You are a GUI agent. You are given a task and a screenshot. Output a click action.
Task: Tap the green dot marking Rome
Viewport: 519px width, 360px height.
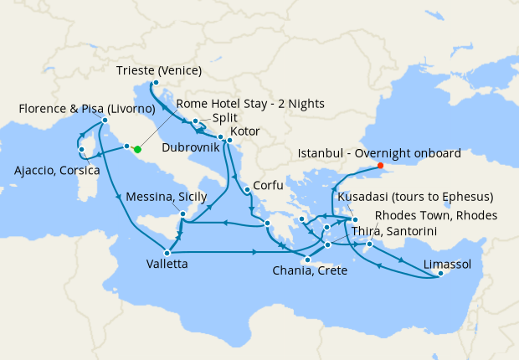[x=136, y=150]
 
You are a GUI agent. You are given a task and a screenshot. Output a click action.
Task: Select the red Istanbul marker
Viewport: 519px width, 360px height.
[x=380, y=165]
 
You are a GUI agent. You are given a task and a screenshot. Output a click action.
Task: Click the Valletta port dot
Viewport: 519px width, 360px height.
[x=168, y=252]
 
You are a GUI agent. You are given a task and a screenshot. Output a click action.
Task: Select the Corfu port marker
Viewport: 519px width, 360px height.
[x=247, y=191]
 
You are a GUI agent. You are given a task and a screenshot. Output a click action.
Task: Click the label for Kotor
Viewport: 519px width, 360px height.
[x=242, y=132]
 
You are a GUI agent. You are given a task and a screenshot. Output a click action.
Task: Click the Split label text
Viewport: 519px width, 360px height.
[x=224, y=118]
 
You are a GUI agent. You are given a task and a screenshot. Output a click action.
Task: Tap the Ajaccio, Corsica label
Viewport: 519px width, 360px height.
[x=57, y=172]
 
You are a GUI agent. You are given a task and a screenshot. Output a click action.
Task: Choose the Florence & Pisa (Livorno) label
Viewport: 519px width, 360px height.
[x=86, y=109]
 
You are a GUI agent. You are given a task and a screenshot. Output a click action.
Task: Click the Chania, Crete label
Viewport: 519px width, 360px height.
[x=312, y=270]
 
